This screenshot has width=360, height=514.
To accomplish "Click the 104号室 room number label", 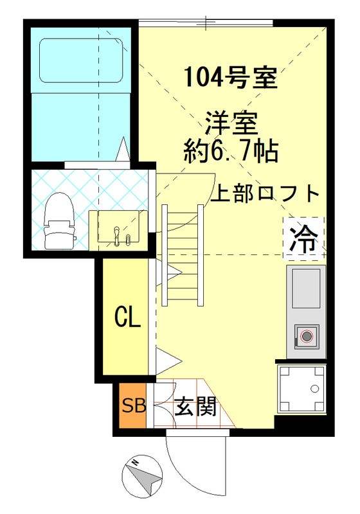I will coord(230,78).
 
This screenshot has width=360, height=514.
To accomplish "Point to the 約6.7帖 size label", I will coord(230,152).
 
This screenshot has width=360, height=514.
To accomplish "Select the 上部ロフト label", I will coord(265,193).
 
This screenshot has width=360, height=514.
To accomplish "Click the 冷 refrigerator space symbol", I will coord(303,238).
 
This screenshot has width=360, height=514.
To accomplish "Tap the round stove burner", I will coord(307,336).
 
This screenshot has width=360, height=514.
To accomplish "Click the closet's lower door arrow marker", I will coord(161,360).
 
